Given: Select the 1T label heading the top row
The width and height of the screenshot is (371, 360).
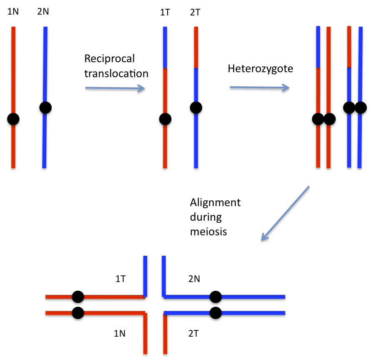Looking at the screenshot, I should [165, 13].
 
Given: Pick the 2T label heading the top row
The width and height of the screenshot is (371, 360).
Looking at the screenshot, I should [195, 13].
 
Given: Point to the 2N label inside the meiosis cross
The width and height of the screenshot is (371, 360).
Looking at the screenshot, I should [194, 279].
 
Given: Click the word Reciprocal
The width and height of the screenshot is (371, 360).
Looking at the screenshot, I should [110, 59].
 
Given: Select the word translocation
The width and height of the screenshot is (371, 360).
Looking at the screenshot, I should [116, 74].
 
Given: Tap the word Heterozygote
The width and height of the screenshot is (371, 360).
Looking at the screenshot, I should [260, 68].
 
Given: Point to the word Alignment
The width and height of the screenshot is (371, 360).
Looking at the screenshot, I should [215, 203].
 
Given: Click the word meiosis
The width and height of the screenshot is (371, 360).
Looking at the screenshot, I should [208, 231].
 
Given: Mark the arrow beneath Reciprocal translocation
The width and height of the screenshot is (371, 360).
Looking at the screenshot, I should [115, 88].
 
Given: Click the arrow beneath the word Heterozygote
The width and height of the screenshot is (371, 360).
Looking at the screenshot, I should [260, 88].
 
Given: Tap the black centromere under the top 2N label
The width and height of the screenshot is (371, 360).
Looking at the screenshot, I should [45, 108].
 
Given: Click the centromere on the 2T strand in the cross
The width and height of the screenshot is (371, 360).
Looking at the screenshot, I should [215, 312].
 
